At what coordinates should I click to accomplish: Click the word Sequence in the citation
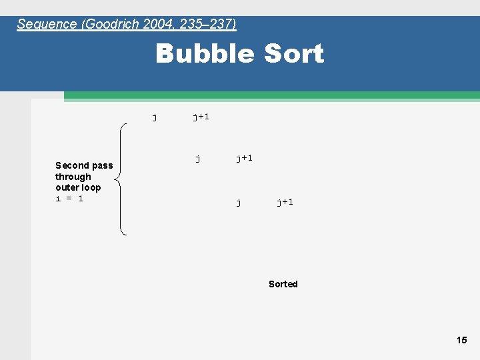(47, 24)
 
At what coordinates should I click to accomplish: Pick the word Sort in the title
(293, 54)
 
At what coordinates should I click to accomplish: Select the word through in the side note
(73, 177)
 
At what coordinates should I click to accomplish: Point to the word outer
(67, 187)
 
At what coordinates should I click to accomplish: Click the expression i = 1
(69, 199)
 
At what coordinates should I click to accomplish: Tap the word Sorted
(283, 284)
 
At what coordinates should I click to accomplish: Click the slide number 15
(462, 340)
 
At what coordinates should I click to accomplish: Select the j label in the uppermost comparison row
(155, 117)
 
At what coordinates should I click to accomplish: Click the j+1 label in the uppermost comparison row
(201, 117)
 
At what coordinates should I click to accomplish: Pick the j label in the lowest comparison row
(239, 202)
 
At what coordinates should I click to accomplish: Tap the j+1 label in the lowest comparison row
(285, 201)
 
